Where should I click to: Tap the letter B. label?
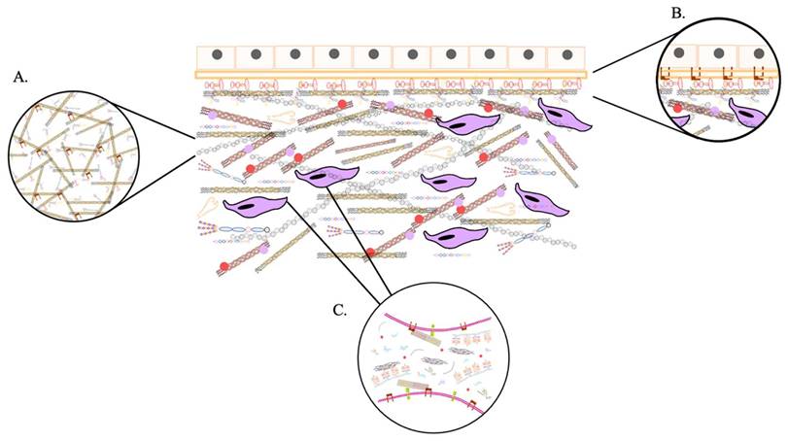677,13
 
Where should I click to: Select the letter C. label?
340,310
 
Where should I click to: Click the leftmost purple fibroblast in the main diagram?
256,206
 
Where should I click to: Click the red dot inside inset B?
677,94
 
